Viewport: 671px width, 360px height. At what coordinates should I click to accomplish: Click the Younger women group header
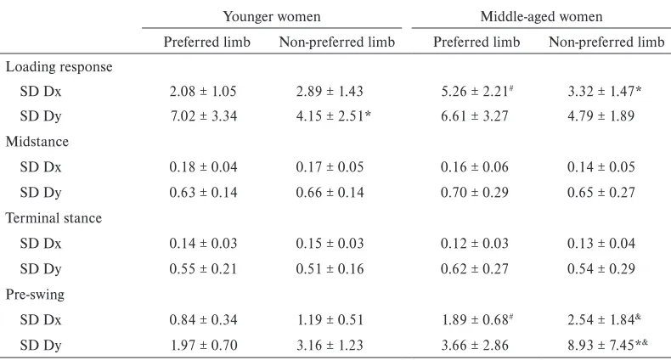tap(272, 17)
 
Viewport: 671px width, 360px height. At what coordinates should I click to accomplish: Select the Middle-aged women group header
tap(541, 17)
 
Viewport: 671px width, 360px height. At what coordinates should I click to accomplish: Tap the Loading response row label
tap(59, 67)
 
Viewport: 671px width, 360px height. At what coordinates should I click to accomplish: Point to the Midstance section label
tap(37, 142)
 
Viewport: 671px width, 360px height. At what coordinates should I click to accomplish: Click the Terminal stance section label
tap(54, 218)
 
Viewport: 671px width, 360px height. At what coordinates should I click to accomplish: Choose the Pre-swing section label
tap(35, 295)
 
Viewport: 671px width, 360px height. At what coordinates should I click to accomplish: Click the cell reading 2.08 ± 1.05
tap(203, 91)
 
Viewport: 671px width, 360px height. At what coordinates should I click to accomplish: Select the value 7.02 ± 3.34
tap(204, 115)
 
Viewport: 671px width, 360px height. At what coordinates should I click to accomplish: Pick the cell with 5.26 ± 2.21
tap(477, 91)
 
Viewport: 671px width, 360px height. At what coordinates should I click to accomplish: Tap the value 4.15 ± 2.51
tap(333, 115)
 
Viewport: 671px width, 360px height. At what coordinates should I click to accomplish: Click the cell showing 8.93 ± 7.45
tap(607, 345)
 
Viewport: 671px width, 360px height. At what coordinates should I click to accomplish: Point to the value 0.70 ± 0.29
tap(475, 192)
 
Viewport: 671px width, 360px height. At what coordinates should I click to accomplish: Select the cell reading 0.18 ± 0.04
tap(203, 166)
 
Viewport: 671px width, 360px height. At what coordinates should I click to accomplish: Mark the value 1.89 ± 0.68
tap(477, 319)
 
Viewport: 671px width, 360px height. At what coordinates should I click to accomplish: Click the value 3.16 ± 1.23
tap(330, 345)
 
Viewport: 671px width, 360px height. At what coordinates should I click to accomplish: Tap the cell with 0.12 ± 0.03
tap(475, 244)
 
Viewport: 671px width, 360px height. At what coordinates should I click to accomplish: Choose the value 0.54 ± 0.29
tap(601, 269)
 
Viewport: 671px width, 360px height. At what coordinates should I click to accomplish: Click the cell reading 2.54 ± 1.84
tap(604, 319)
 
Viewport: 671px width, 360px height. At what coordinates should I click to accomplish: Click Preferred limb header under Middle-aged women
tap(476, 42)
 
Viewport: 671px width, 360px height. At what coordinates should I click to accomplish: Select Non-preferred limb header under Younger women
tap(337, 42)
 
